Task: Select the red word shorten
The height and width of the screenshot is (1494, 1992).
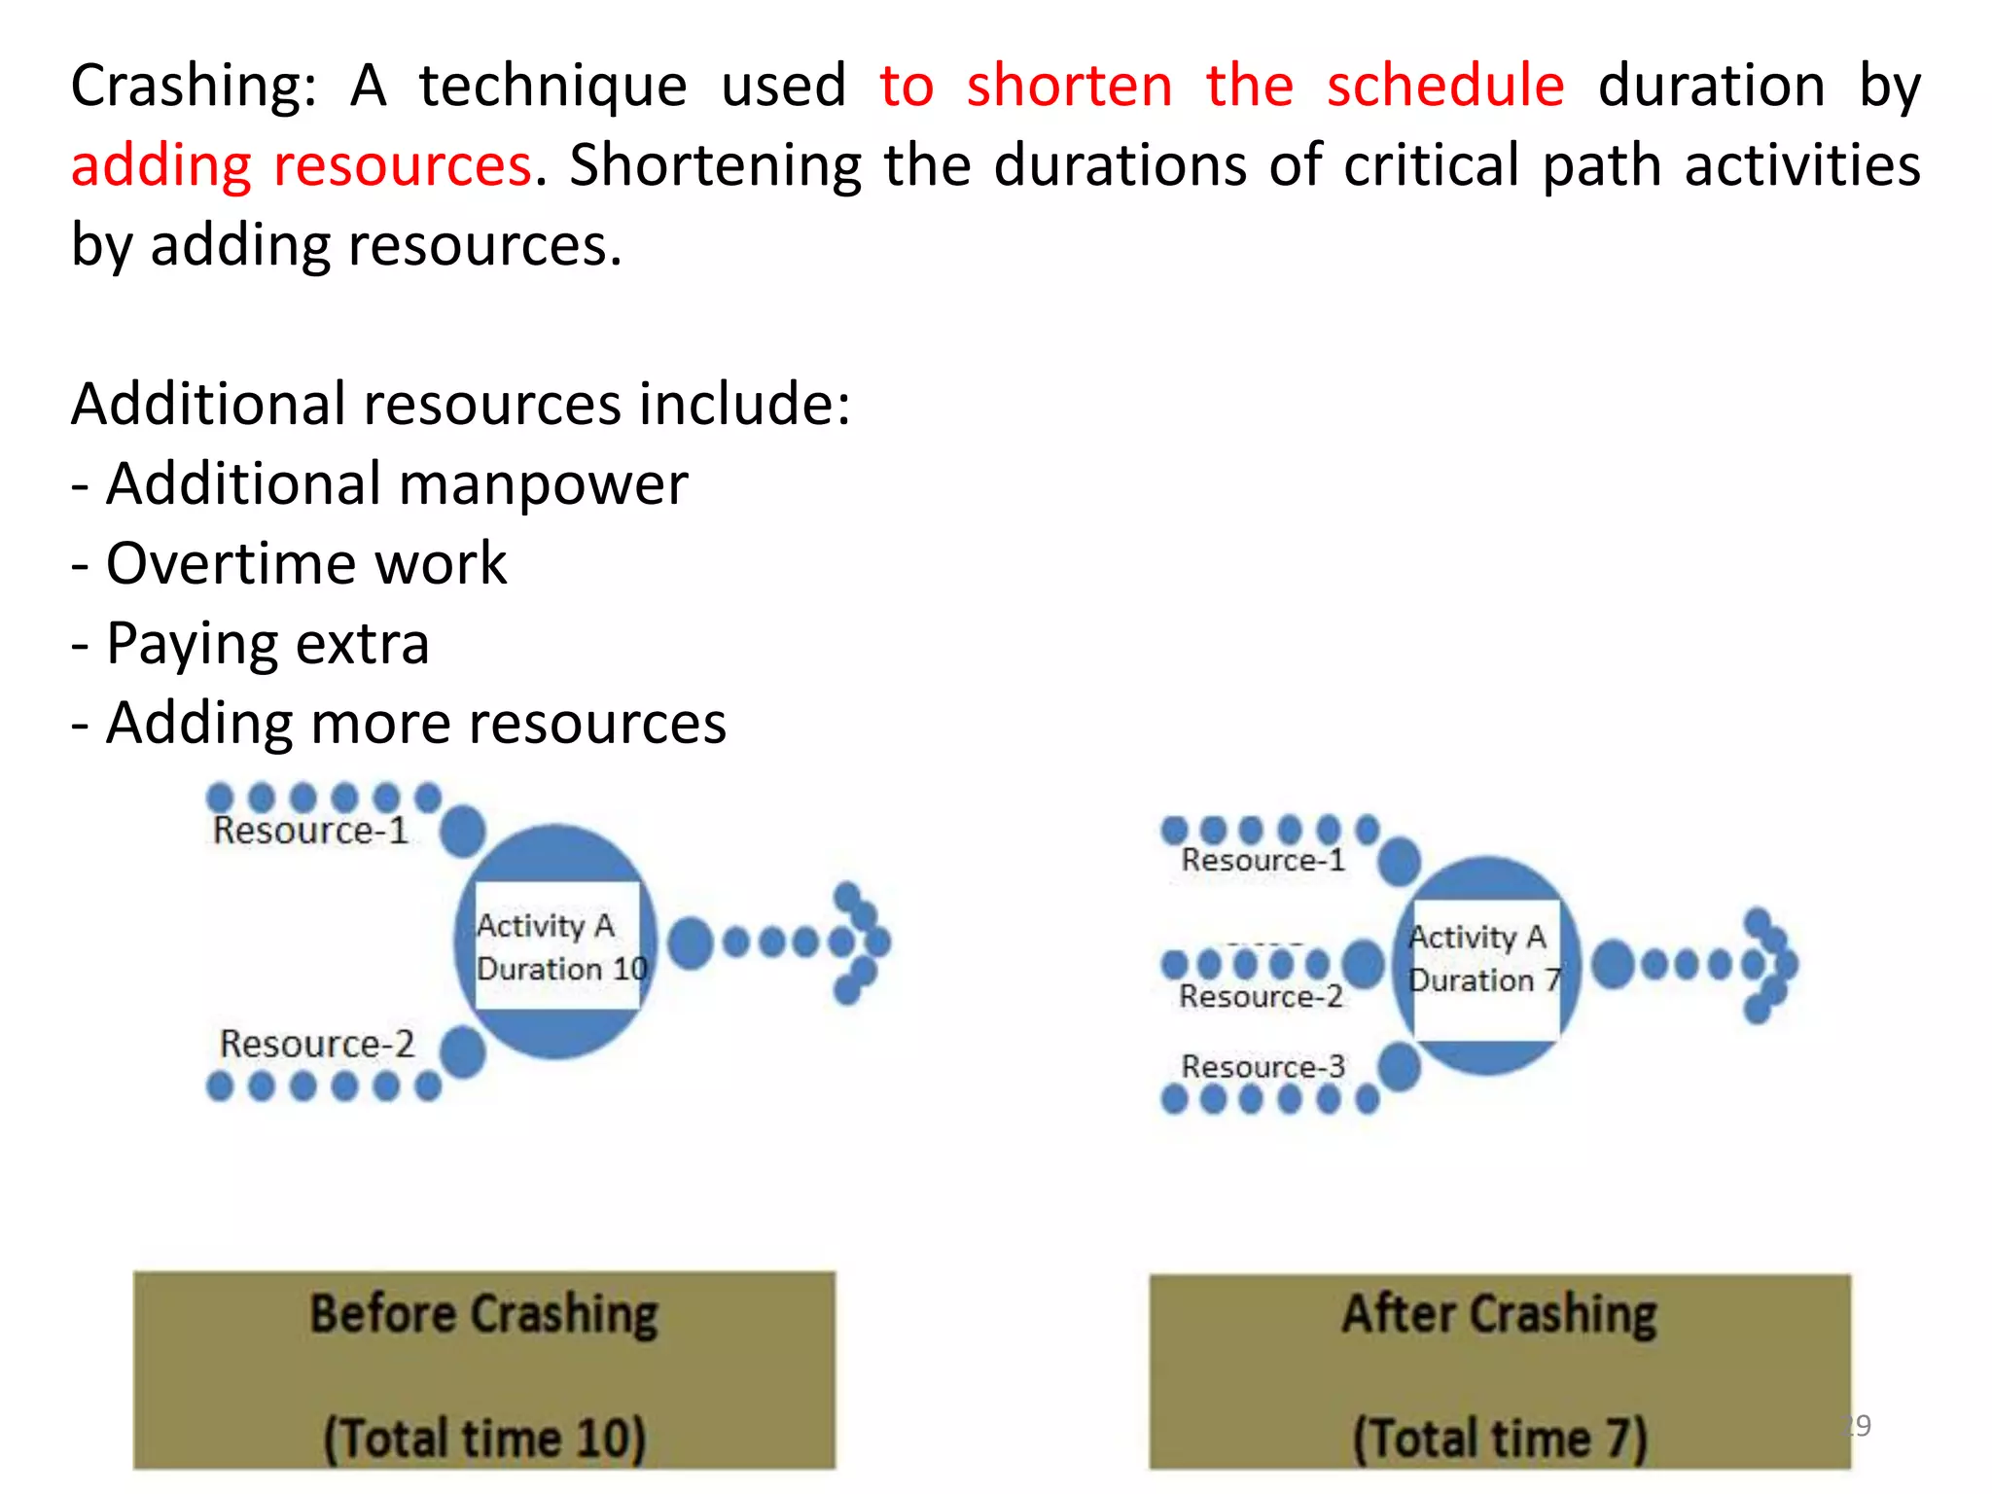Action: pyautogui.click(x=1069, y=86)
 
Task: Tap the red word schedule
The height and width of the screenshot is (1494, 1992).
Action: pyautogui.click(x=1445, y=86)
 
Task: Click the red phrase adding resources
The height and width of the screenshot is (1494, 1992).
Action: pyautogui.click(x=302, y=165)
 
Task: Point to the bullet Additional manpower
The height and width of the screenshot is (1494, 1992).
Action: pyautogui.click(x=396, y=484)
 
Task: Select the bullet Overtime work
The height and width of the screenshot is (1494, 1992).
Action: pyautogui.click(x=305, y=564)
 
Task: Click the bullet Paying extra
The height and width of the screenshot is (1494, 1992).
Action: pyautogui.click(x=267, y=644)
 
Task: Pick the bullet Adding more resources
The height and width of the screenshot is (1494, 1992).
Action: pyautogui.click(x=415, y=724)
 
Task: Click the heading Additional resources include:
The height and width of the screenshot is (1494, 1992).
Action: pyautogui.click(x=460, y=405)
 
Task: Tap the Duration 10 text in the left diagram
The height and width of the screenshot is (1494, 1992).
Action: pyautogui.click(x=561, y=969)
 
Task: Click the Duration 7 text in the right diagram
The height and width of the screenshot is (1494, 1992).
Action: pyautogui.click(x=1484, y=980)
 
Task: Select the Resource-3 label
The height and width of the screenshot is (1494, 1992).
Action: pyautogui.click(x=1263, y=1067)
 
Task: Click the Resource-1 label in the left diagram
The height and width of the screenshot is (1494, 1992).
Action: pyautogui.click(x=310, y=831)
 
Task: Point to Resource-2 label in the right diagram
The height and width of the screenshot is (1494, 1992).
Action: pyautogui.click(x=1261, y=997)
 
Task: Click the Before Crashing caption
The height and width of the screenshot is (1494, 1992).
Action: pyautogui.click(x=483, y=1315)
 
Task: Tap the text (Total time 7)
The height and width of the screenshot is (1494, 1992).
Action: pyautogui.click(x=1499, y=1438)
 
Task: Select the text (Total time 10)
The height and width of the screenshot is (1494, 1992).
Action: pyautogui.click(x=483, y=1438)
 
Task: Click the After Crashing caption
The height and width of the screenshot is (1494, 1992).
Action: pyautogui.click(x=1499, y=1315)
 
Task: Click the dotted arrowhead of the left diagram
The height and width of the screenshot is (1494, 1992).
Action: pyautogui.click(x=861, y=942)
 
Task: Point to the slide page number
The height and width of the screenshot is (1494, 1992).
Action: pyautogui.click(x=1858, y=1426)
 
